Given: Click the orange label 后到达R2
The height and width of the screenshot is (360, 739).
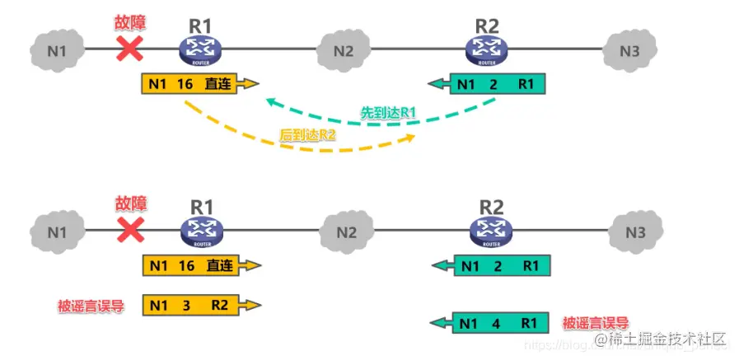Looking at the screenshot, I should (308, 135).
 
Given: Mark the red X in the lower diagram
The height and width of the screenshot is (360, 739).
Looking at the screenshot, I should (128, 227).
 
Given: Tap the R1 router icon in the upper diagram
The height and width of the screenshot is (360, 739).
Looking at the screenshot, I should (198, 50).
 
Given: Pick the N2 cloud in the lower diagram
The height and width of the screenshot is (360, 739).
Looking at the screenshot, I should (345, 232).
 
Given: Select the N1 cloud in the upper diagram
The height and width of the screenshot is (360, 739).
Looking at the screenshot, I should (55, 49).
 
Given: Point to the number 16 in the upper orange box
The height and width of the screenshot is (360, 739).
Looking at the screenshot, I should (186, 84).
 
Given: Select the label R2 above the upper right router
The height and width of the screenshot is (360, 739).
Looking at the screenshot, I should (487, 26).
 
